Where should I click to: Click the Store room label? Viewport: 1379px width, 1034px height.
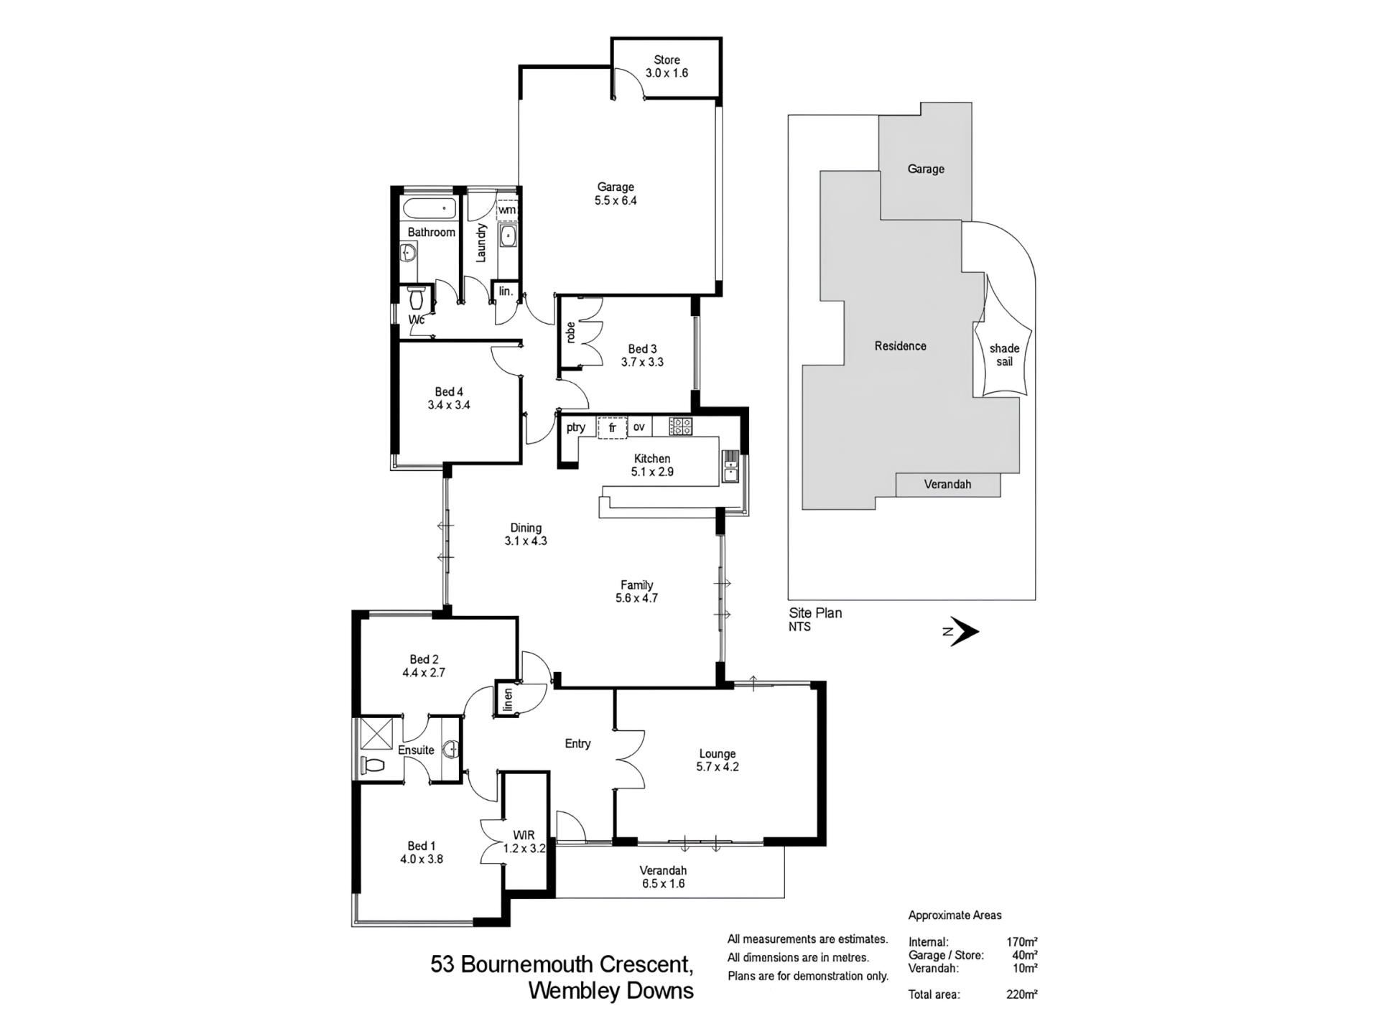[x=667, y=60]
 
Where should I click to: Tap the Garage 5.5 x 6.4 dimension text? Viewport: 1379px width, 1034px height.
[x=616, y=201]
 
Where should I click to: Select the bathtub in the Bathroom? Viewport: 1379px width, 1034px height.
[x=429, y=209]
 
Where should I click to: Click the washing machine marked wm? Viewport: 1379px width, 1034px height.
[x=507, y=210]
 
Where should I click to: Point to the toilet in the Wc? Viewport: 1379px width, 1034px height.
[x=416, y=297]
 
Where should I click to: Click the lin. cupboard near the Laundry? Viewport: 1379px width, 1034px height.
[x=506, y=292]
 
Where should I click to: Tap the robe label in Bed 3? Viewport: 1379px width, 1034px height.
[x=570, y=332]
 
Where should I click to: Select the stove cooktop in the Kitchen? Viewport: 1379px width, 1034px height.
[x=680, y=427]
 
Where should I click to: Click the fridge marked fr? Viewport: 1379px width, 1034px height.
[x=613, y=428]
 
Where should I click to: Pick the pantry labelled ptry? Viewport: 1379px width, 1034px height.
[x=575, y=427]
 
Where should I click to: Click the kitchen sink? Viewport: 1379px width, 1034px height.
[x=730, y=467]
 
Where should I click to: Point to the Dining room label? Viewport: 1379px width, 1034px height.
[x=526, y=528]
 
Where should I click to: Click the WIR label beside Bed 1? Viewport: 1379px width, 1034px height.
[x=524, y=835]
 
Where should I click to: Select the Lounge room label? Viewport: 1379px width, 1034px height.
[x=718, y=754]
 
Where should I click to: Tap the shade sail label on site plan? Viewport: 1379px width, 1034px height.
[x=1004, y=355]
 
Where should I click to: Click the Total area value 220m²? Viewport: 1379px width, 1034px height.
[x=1022, y=995]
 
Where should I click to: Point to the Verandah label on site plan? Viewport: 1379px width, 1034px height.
[x=947, y=485]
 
